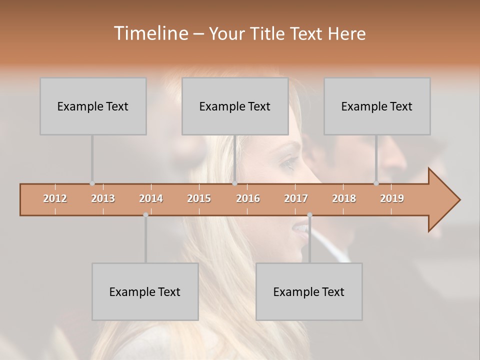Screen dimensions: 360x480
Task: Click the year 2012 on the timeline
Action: point(55,198)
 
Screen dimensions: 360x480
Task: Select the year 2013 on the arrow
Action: point(103,198)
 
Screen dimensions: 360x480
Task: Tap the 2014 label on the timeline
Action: point(151,198)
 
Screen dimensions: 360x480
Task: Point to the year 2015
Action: point(199,198)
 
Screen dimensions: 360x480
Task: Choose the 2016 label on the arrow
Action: point(248,198)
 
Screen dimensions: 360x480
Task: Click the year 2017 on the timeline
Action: point(296,198)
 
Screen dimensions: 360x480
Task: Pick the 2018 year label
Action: point(344,198)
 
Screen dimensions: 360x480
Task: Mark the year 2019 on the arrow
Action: point(392,198)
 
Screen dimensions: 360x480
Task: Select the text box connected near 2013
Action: point(93,106)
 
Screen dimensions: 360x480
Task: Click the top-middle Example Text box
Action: point(235,106)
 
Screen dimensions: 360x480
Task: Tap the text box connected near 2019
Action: point(377,106)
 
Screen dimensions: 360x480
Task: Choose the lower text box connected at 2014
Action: point(145,291)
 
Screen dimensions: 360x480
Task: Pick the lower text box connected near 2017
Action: point(309,291)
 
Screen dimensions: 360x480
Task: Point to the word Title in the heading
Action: point(268,34)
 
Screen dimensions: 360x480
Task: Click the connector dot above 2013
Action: point(92,183)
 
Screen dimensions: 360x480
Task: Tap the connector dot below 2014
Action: point(145,215)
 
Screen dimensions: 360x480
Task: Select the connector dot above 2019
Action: point(376,183)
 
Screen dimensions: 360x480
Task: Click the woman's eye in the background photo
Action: point(288,163)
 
